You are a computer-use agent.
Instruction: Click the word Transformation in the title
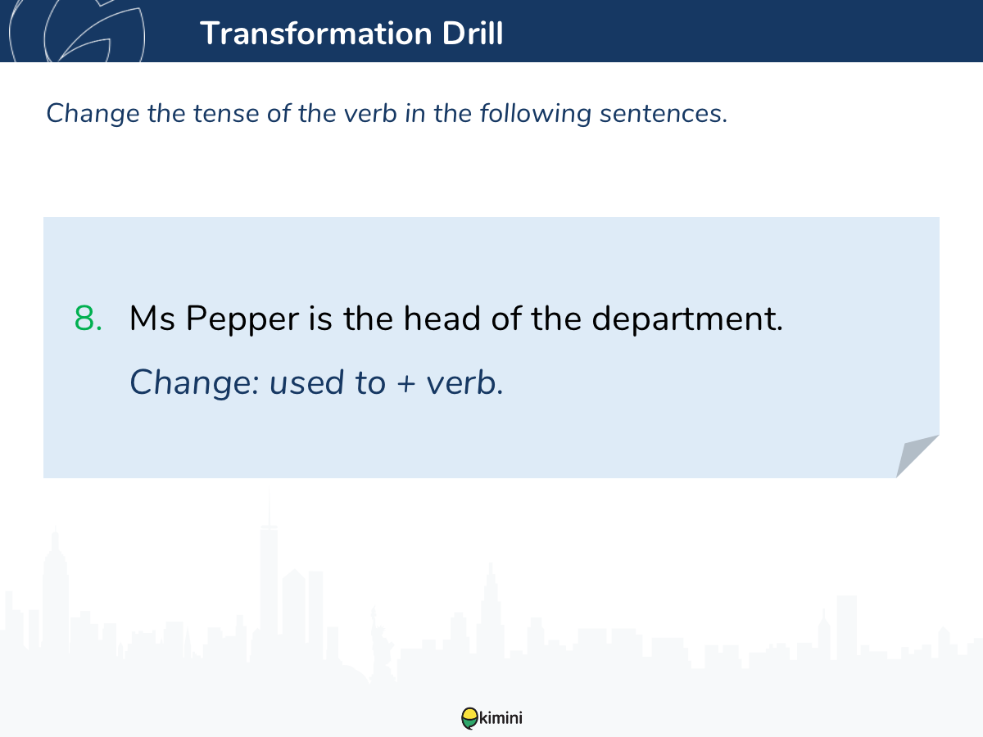click(x=316, y=33)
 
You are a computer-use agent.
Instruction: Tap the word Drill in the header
click(x=473, y=33)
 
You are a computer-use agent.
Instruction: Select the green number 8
click(x=88, y=319)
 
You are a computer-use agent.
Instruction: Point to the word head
click(x=442, y=318)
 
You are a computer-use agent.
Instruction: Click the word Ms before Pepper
click(x=152, y=319)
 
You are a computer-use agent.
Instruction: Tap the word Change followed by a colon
click(x=195, y=383)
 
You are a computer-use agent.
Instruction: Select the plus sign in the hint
click(x=406, y=384)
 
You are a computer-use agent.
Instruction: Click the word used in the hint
click(x=306, y=383)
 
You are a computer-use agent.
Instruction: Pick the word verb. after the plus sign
click(x=464, y=383)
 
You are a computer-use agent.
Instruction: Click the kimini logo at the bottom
click(x=491, y=718)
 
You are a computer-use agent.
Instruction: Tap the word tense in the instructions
click(x=226, y=114)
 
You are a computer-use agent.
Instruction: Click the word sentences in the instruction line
click(x=664, y=114)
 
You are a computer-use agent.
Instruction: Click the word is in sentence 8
click(x=319, y=319)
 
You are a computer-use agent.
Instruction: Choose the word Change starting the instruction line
click(x=93, y=114)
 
